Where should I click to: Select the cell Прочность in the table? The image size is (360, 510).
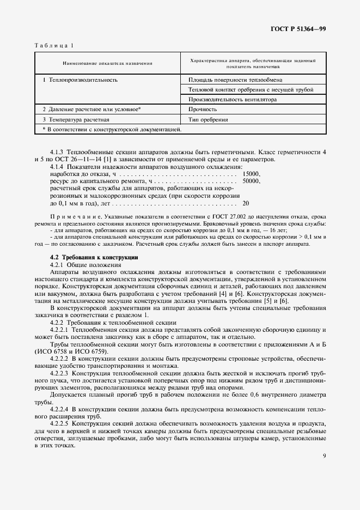pos(202,110)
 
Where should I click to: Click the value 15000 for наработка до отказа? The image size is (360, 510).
pos(252,174)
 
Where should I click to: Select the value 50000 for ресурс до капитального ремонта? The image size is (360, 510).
pos(252,181)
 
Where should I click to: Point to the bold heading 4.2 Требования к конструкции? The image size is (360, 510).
pos(87,257)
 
